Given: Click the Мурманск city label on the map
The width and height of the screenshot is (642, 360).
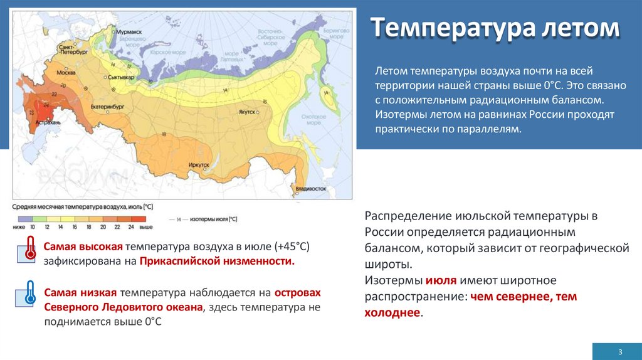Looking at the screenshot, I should pos(129,31).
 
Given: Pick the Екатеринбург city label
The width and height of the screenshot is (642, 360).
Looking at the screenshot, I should pos(107,107).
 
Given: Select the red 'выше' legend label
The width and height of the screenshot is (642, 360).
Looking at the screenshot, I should pos(145,226).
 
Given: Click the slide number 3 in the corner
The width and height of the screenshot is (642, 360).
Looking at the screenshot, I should pos(619,351).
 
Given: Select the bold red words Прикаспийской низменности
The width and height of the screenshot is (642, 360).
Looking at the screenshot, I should pos(217,260).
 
